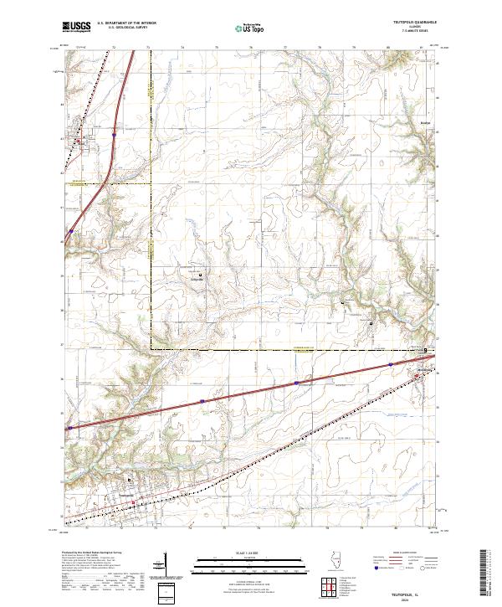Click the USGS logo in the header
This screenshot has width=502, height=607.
coord(77,27)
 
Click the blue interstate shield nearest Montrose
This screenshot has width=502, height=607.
coord(389,364)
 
